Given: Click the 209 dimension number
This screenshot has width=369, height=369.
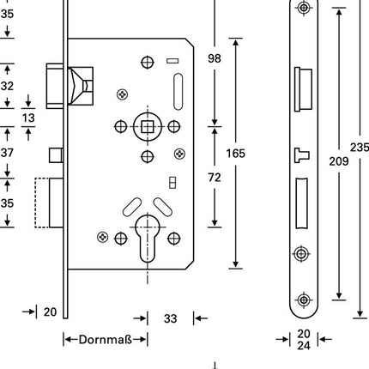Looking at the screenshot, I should tap(340, 159).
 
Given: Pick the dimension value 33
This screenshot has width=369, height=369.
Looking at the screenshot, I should tap(170, 318).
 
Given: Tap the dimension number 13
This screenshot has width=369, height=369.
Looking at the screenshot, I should tap(28, 118).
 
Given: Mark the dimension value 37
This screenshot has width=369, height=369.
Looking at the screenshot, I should tap(8, 153).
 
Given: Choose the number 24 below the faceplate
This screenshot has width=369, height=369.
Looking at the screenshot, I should tap(304, 347).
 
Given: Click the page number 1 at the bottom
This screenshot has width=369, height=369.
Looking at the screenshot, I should tap(215, 364).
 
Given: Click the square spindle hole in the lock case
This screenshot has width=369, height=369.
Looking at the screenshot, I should tap(147, 127).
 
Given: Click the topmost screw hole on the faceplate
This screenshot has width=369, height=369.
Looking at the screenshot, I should tap(303, 9).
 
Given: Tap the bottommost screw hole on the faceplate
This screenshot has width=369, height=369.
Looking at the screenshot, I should tap(303, 299).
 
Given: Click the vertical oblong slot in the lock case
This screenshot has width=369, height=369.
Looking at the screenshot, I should tap(178, 88).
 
